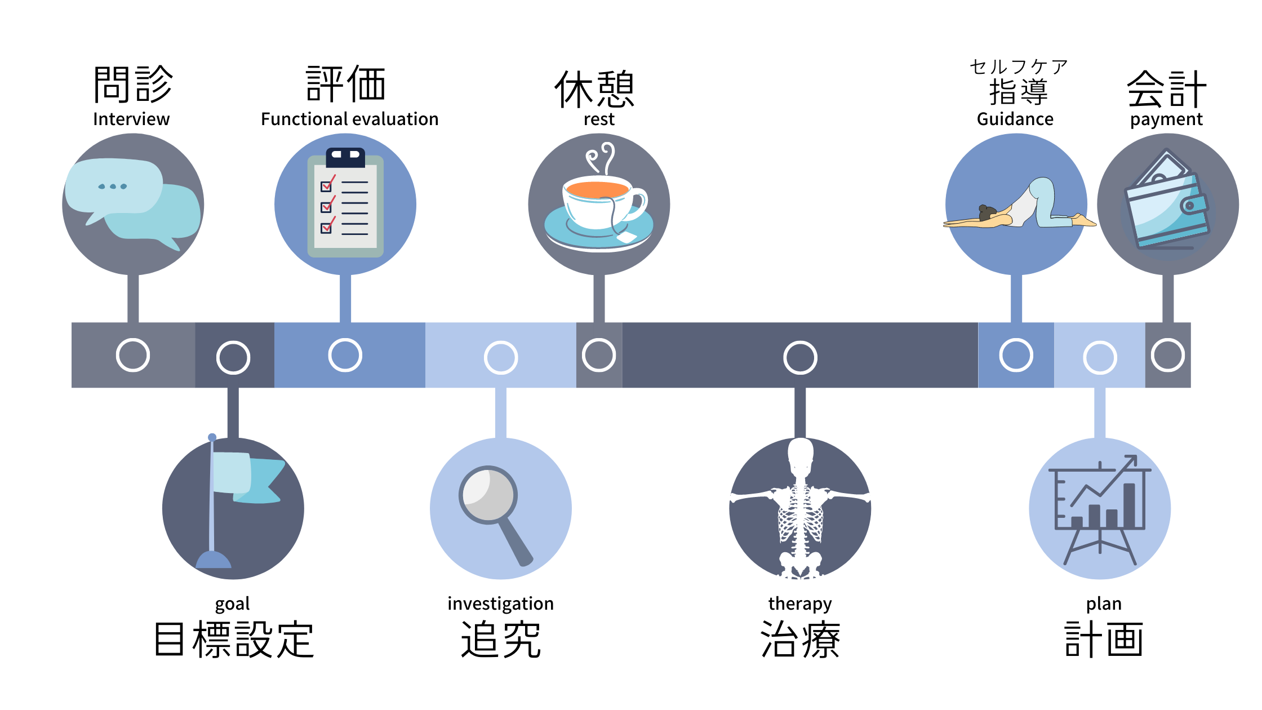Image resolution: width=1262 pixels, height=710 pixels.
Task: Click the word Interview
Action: pyautogui.click(x=131, y=119)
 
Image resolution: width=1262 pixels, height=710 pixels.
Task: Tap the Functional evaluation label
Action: pyautogui.click(x=349, y=119)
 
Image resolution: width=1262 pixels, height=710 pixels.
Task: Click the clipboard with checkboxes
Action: pyautogui.click(x=345, y=203)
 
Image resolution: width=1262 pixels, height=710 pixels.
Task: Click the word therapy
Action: pyautogui.click(x=800, y=603)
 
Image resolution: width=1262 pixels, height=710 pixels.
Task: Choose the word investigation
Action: pyautogui.click(x=500, y=603)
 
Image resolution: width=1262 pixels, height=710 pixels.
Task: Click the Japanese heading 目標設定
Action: pyautogui.click(x=233, y=640)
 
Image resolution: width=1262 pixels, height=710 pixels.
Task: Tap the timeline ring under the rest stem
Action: pyautogui.click(x=599, y=355)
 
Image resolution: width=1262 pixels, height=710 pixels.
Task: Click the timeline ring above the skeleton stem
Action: pyautogui.click(x=800, y=357)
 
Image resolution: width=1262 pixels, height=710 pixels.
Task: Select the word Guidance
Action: pyautogui.click(x=1015, y=119)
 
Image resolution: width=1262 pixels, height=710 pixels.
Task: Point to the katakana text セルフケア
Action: pyautogui.click(x=1019, y=67)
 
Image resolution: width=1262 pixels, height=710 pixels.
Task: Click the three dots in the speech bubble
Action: pyautogui.click(x=113, y=187)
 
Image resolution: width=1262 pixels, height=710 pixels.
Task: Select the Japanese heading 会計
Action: pyautogui.click(x=1167, y=90)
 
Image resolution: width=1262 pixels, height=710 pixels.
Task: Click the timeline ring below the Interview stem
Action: pyautogui.click(x=133, y=355)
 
